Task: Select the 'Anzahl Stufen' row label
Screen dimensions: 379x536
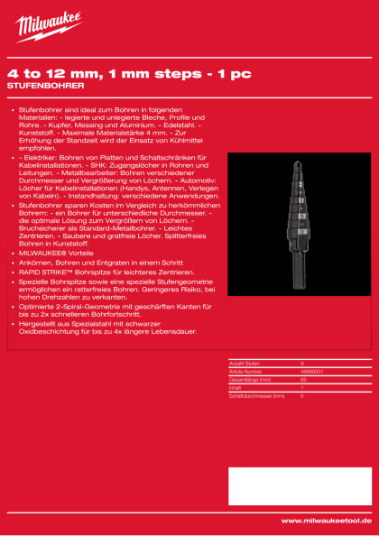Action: pos(245,363)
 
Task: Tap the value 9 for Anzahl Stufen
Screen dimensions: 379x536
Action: pos(301,363)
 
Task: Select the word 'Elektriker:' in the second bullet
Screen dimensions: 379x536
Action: pos(39,156)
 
